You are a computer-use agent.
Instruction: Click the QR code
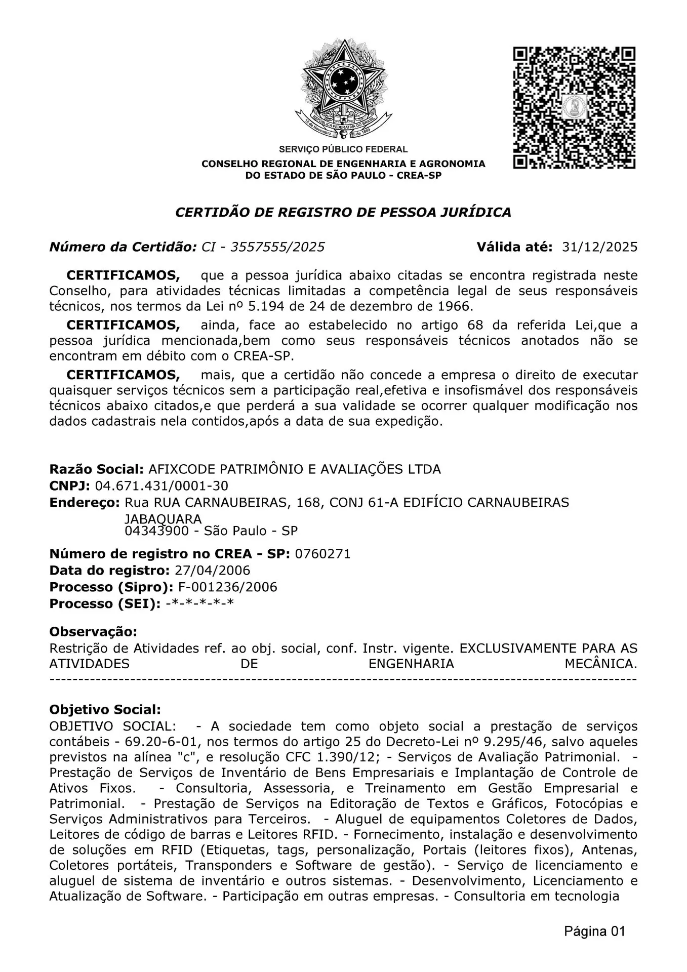pos(574,108)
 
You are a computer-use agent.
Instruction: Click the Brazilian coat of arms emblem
pos(344,89)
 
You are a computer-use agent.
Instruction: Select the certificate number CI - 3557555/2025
pos(263,247)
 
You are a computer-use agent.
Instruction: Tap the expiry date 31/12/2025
pos(599,247)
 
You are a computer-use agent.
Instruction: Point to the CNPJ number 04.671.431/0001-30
pos(161,486)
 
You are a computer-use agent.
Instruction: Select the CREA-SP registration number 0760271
pos(322,554)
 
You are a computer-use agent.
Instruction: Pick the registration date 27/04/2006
pos(212,571)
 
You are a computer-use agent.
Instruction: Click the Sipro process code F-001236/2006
pos(228,587)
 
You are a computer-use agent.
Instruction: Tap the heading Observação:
pos(93,632)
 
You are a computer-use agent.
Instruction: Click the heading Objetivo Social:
pos(105,710)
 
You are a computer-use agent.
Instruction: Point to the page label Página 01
pos(595,931)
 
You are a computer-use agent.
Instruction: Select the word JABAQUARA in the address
pos(163,519)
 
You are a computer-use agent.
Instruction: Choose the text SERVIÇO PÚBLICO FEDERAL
pos(343,149)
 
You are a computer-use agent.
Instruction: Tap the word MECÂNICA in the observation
pos(600,664)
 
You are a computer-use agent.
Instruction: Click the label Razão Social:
pos(97,469)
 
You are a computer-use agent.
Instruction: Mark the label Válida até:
pos(514,247)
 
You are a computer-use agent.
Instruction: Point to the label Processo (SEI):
pos(105,604)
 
